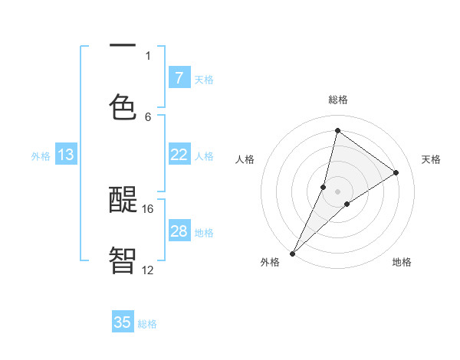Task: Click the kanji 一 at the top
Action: click(123, 46)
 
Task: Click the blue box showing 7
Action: click(179, 77)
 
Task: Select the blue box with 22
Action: click(179, 155)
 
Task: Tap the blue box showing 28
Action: click(179, 231)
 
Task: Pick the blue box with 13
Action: click(66, 155)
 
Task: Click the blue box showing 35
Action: click(123, 322)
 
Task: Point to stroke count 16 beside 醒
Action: click(148, 208)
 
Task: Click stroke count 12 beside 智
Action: click(148, 270)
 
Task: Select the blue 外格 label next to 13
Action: click(41, 156)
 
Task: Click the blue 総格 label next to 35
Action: click(147, 324)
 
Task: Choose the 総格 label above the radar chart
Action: click(338, 100)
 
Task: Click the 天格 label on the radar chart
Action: click(432, 159)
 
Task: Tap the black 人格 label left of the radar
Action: click(245, 159)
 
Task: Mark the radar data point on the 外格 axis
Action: click(292, 253)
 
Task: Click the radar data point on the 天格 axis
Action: click(396, 172)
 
